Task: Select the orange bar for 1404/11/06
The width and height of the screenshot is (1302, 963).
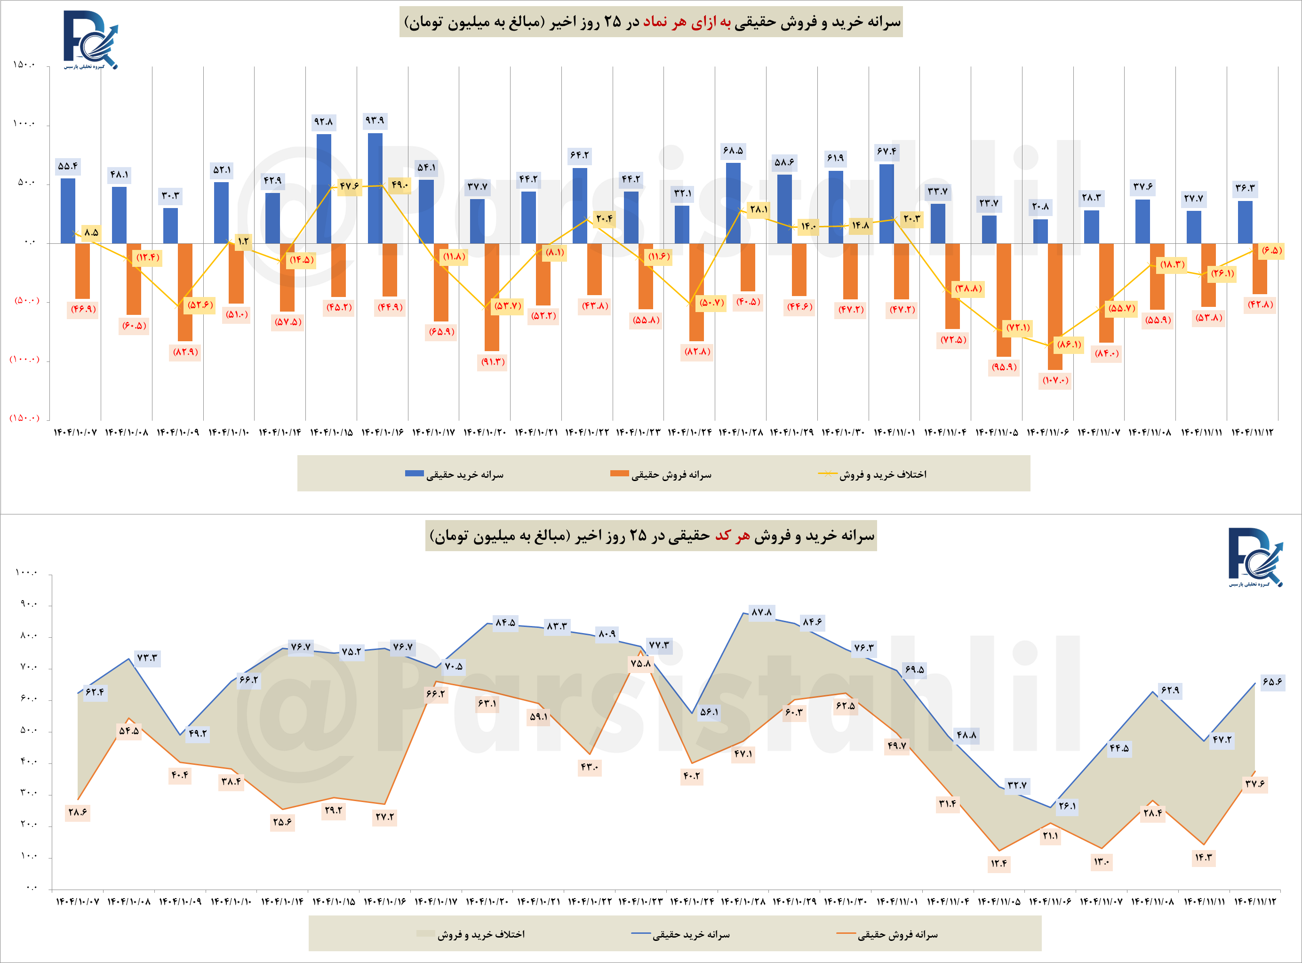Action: tap(1055, 306)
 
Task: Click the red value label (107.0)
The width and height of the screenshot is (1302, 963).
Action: tap(1055, 381)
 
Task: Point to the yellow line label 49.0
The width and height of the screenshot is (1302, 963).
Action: tap(400, 185)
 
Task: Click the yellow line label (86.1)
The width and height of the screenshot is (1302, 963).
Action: tap(1069, 345)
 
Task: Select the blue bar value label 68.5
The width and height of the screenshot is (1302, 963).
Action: tap(733, 151)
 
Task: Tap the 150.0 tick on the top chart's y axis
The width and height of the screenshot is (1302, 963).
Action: tap(24, 64)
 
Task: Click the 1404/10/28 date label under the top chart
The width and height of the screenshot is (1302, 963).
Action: tap(740, 433)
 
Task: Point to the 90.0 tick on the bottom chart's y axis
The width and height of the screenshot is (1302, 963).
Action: tap(28, 604)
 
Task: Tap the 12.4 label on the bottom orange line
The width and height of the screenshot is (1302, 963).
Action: tap(998, 863)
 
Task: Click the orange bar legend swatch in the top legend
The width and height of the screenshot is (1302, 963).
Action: tap(620, 473)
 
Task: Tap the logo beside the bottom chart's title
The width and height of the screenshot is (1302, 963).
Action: tap(1255, 557)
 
